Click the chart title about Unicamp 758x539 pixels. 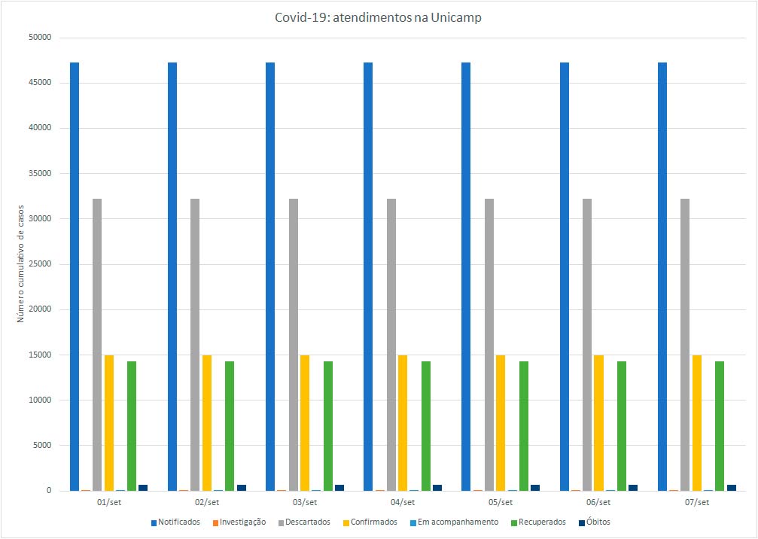[378, 18]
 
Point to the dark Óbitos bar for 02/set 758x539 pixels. [242, 488]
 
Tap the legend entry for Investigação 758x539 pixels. [239, 522]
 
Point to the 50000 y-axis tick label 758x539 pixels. [38, 38]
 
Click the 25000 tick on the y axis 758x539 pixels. [38, 264]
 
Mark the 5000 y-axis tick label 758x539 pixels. [40, 445]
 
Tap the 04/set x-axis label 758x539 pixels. [403, 502]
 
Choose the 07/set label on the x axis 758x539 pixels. [696, 502]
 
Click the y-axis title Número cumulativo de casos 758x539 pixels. [21, 264]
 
